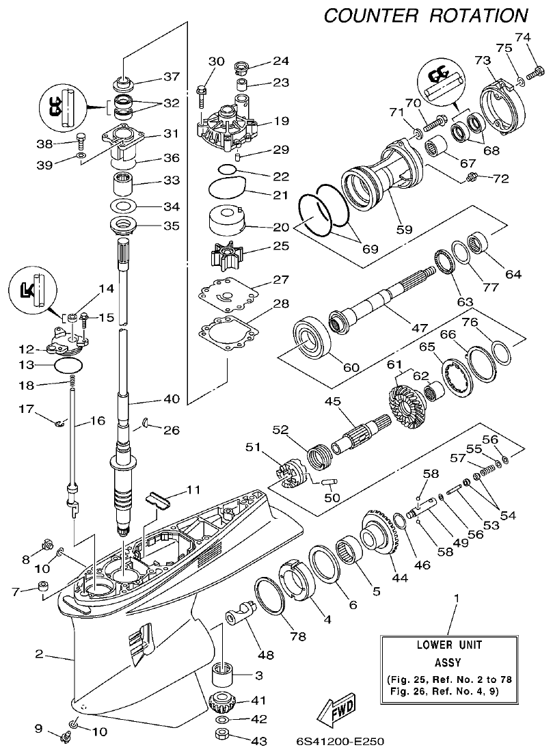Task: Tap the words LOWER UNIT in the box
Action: (450, 645)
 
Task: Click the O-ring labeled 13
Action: (70, 366)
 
